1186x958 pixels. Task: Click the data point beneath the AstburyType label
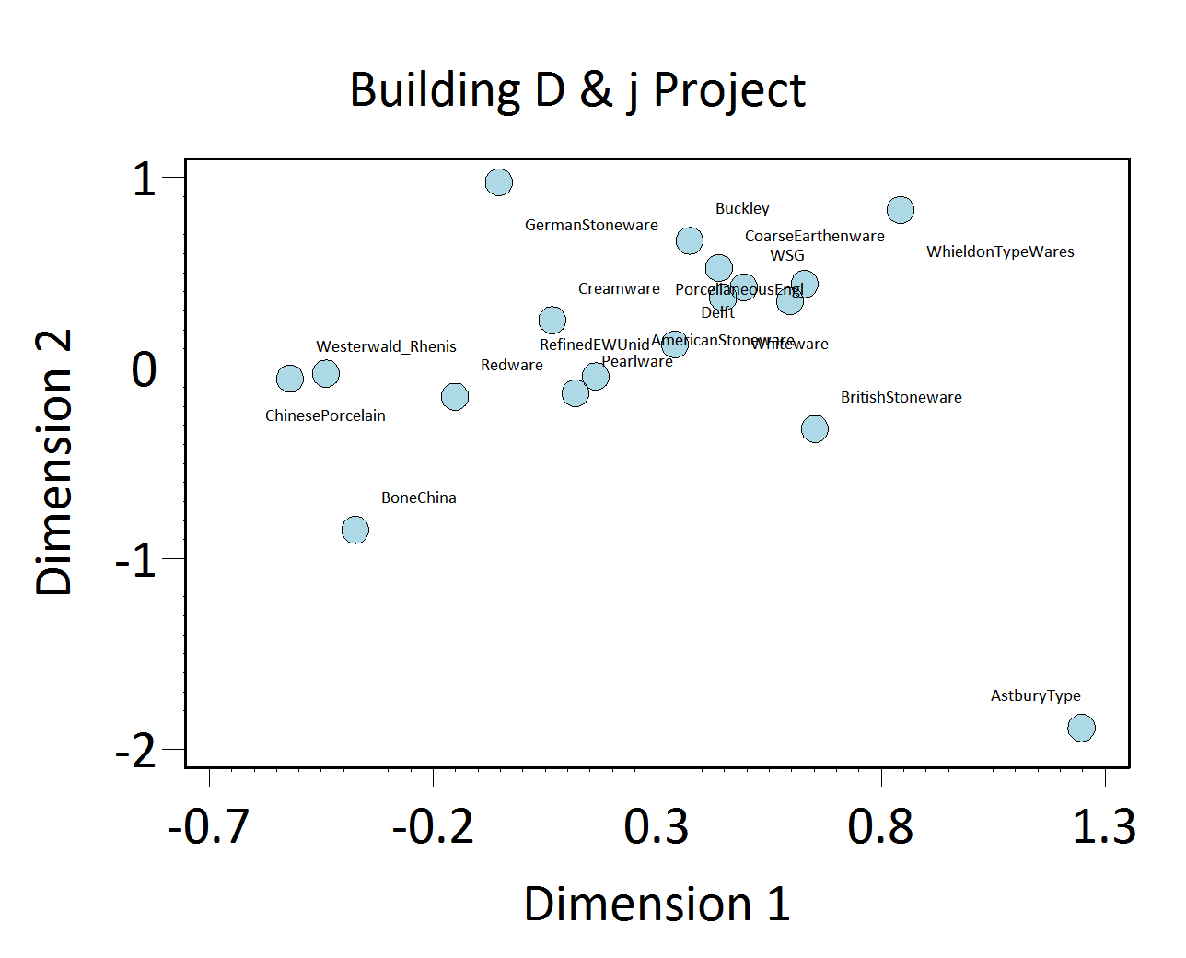click(1081, 728)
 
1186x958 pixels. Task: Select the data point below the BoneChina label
click(355, 530)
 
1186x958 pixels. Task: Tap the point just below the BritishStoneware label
click(815, 428)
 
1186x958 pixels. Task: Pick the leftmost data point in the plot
click(290, 379)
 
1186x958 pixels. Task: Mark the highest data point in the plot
click(498, 182)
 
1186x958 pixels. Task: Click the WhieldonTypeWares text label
click(1000, 251)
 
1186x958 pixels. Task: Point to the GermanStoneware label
click(591, 225)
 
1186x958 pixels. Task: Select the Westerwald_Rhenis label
click(386, 346)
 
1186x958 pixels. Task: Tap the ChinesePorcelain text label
click(325, 415)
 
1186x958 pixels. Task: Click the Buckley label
click(742, 208)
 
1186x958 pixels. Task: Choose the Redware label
click(512, 365)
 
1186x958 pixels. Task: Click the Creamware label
click(619, 288)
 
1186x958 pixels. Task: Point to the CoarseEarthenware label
click(814, 236)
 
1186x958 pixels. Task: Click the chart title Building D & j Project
click(577, 90)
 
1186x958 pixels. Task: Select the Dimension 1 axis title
click(657, 904)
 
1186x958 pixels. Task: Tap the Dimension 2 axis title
click(53, 462)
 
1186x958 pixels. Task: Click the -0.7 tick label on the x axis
click(208, 826)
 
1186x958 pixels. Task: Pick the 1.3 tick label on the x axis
click(1104, 826)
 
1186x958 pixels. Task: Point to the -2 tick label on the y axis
click(135, 753)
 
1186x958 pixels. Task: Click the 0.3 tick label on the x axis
click(656, 826)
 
